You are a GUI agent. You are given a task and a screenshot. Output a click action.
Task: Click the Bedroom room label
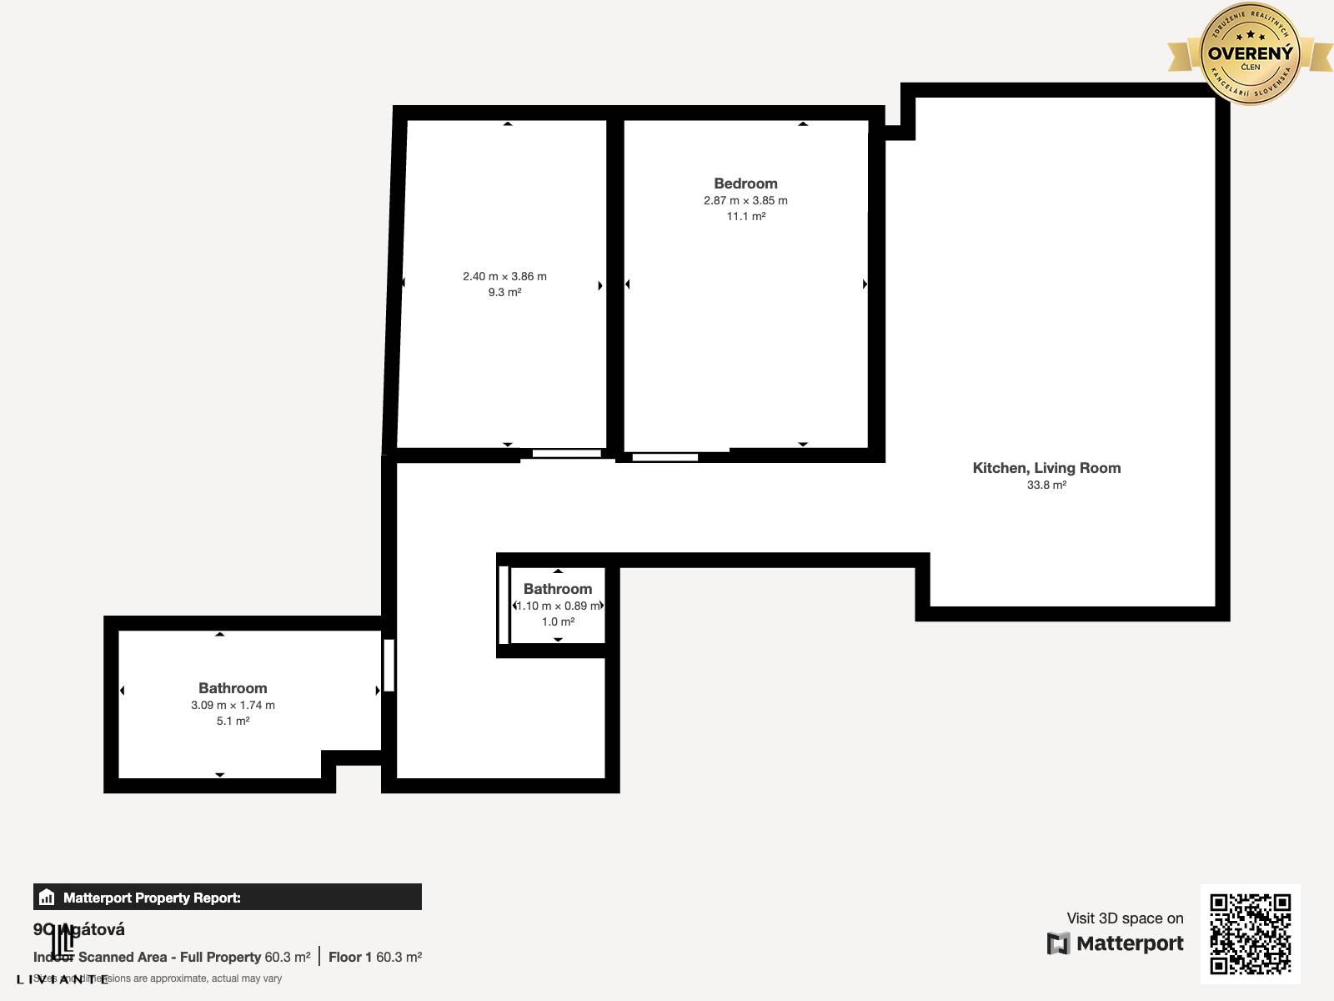[x=745, y=184]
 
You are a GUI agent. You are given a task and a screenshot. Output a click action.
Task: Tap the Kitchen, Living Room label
[x=1046, y=468]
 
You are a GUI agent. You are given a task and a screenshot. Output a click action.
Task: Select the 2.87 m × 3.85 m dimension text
[x=745, y=200]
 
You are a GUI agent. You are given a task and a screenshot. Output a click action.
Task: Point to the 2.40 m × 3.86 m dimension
[x=504, y=276]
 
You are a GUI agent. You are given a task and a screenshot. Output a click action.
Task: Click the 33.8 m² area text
[x=1046, y=485]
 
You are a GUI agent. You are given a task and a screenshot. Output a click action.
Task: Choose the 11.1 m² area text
[x=745, y=216]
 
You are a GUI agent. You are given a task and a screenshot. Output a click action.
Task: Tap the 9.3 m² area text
[x=504, y=292]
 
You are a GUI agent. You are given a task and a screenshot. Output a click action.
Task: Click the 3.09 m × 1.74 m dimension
[x=233, y=705]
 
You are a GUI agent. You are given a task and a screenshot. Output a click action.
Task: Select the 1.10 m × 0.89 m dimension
[x=558, y=606]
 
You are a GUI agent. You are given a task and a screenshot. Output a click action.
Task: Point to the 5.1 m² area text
[x=233, y=721]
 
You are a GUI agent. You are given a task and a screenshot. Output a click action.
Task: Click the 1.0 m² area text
[x=558, y=621]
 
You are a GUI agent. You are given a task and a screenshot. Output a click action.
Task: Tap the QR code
[x=1250, y=933]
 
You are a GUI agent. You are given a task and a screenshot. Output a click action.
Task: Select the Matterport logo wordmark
[x=1116, y=943]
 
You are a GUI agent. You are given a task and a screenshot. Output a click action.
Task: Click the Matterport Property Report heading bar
[x=227, y=898]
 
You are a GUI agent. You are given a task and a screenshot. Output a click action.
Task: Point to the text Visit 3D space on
[x=1125, y=918]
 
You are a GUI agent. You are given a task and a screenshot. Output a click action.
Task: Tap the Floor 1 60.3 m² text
[x=374, y=957]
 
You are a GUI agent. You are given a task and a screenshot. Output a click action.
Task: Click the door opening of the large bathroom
[x=389, y=665]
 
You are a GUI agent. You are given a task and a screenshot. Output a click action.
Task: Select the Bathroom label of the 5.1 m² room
[x=233, y=688]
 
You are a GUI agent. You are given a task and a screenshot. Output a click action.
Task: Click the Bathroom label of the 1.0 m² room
[x=558, y=589]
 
